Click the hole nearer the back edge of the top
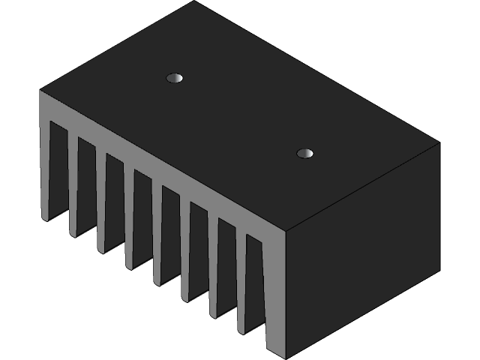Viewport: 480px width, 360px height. click(175, 77)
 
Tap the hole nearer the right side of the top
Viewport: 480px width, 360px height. click(304, 154)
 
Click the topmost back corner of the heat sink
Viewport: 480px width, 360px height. click(194, 1)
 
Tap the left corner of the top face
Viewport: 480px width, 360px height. click(40, 91)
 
